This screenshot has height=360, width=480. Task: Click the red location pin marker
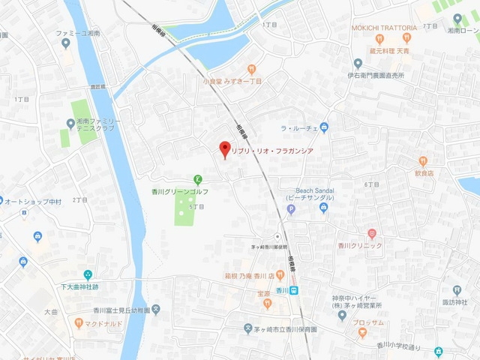click(222, 148)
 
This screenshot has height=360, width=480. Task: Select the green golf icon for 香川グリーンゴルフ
click(197, 178)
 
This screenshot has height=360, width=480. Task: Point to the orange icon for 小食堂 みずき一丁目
click(251, 68)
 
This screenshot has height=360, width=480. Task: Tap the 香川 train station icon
click(295, 291)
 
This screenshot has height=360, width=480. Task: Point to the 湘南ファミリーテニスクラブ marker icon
click(70, 123)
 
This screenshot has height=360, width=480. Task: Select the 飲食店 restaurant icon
click(423, 160)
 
